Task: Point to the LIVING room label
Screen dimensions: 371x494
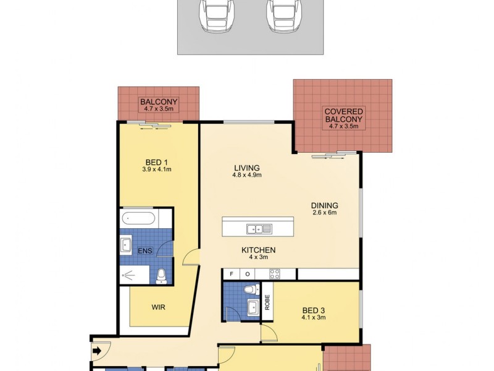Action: (x=246, y=168)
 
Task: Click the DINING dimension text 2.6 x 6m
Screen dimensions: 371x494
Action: (x=325, y=213)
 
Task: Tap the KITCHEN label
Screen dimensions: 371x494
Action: (x=258, y=250)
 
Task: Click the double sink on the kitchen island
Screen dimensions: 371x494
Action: (x=259, y=229)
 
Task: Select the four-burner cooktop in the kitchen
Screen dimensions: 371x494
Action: (x=274, y=274)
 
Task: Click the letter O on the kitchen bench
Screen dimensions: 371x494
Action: (x=246, y=274)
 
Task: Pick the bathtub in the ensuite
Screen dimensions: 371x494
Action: (x=140, y=218)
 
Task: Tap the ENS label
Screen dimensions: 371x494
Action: (x=143, y=250)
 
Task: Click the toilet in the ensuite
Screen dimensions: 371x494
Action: (x=161, y=275)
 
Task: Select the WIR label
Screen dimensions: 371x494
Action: (x=158, y=307)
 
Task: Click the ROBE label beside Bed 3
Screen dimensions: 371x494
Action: (x=267, y=301)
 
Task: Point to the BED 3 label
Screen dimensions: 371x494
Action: (x=314, y=310)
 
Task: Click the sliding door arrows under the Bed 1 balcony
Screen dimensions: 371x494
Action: (x=154, y=126)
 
